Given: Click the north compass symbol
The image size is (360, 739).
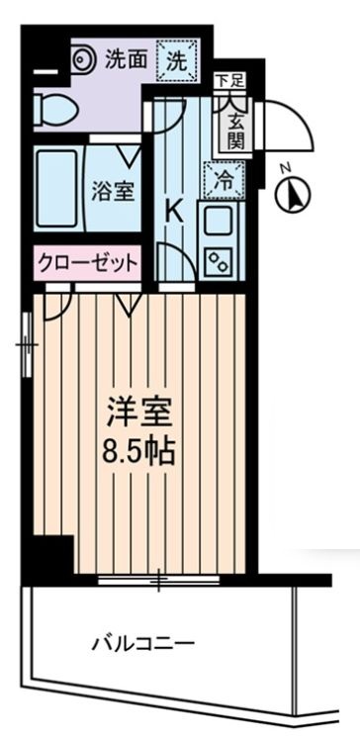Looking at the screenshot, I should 294,192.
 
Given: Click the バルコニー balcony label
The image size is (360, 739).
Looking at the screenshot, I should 143,644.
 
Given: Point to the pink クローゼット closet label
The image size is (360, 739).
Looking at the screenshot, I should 87,263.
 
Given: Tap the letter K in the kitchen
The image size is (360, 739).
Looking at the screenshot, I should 173,210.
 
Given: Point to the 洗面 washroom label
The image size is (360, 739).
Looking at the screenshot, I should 126,59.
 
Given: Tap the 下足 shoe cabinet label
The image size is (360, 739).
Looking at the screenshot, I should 227,78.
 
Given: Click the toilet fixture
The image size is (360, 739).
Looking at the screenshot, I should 51,111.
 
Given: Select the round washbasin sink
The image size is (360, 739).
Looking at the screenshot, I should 82,59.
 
